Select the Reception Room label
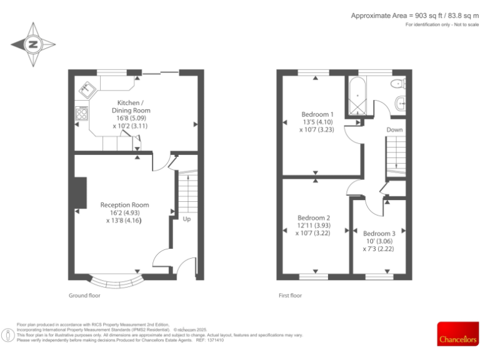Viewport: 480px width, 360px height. [124, 212]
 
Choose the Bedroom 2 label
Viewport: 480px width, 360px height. [315, 225]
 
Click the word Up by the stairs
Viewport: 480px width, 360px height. [187, 219]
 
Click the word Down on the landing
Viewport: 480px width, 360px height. [394, 130]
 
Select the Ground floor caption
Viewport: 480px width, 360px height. [84, 295]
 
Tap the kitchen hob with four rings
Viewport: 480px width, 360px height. [82, 113]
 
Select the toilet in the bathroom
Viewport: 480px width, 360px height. [397, 84]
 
